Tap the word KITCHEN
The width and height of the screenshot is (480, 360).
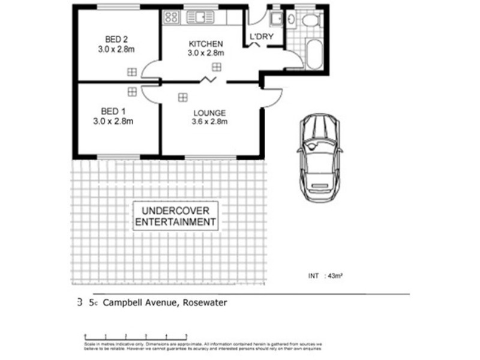[206, 44]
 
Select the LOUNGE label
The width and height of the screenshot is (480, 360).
[209, 113]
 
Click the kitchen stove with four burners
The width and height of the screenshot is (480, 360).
[171, 17]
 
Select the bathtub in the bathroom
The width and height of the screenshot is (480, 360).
[313, 56]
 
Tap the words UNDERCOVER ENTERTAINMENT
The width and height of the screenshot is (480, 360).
[175, 217]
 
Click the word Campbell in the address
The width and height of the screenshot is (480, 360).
[122, 304]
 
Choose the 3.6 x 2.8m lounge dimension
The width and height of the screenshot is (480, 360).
[209, 122]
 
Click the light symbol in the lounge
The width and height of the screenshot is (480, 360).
[182, 96]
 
